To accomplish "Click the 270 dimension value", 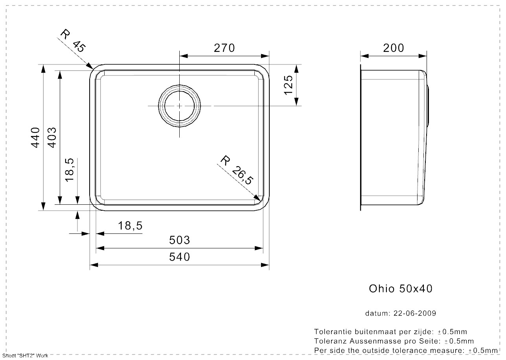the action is [x=224, y=48].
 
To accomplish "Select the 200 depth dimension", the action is [x=394, y=48].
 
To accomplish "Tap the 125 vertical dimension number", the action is [x=289, y=85].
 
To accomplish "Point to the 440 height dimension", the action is [x=35, y=138].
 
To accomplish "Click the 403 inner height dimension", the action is [x=52, y=138].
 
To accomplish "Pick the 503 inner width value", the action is [x=180, y=240].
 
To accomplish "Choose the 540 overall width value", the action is [x=180, y=257].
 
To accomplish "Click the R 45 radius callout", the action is [x=73, y=40].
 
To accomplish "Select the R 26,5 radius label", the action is [x=237, y=170].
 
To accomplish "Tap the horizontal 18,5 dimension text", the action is [x=130, y=226].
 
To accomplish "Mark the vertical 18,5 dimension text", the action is [x=70, y=170].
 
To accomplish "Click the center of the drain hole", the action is [x=179, y=106].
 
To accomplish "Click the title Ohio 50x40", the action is [x=401, y=288].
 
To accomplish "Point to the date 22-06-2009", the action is [x=415, y=313].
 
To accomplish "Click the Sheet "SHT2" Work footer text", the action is [x=25, y=356].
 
